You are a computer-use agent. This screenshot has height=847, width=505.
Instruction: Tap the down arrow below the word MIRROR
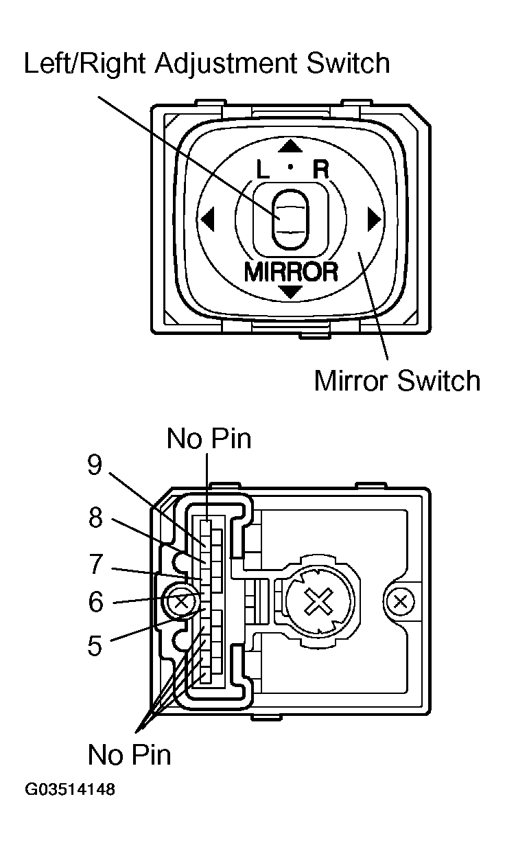[291, 292]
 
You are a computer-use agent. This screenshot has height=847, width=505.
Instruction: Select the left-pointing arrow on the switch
[207, 220]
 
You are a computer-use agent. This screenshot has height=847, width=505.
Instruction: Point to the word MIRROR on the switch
[291, 272]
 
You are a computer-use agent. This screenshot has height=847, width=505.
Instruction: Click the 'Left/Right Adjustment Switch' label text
[207, 63]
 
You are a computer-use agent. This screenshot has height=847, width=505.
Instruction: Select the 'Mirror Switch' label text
[397, 380]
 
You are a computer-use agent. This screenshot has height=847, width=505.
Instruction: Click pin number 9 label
[95, 465]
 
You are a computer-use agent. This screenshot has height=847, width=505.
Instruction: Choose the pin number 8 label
[95, 518]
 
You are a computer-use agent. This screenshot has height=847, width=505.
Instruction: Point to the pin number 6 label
[95, 603]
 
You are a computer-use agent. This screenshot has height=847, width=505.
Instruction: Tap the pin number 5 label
[95, 646]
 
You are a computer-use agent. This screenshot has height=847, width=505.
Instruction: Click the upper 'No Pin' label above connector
[209, 439]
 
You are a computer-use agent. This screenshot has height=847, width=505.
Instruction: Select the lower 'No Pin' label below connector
[129, 755]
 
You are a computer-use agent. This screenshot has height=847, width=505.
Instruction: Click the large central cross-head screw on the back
[318, 603]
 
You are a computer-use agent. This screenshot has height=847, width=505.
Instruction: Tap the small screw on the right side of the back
[401, 603]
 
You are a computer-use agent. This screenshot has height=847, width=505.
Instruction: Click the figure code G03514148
[71, 789]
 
